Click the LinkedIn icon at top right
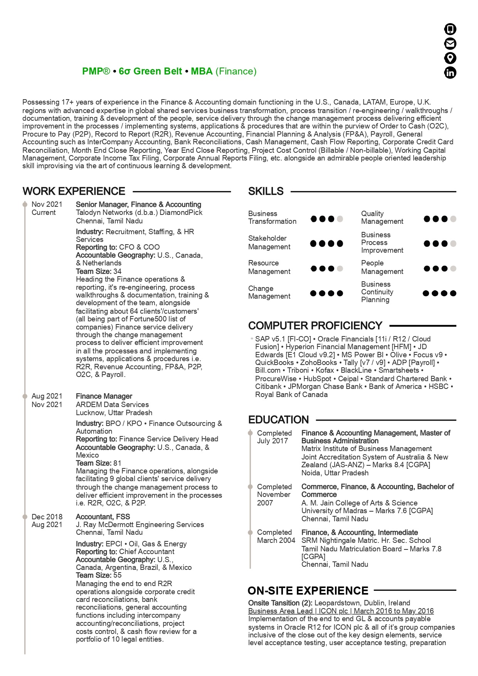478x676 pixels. pyautogui.click(x=450, y=73)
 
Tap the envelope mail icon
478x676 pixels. pyautogui.click(x=450, y=44)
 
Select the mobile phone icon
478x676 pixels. pyautogui.click(x=450, y=29)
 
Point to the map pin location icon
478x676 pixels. pyautogui.click(x=450, y=58)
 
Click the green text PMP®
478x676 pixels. pyautogui.click(x=96, y=71)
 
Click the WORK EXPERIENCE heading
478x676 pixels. pyautogui.click(x=74, y=191)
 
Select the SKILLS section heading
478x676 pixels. pyautogui.click(x=266, y=191)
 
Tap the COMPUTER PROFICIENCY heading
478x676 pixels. pyautogui.click(x=315, y=326)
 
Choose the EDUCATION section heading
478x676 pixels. pyautogui.click(x=278, y=420)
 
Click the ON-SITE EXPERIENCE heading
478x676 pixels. pyautogui.click(x=308, y=591)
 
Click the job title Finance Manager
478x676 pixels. pyautogui.click(x=104, y=396)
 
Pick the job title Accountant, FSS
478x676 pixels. pyautogui.click(x=103, y=517)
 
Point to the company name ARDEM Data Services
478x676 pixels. pyautogui.click(x=112, y=404)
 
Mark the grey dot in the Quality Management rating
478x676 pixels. pyautogui.click(x=453, y=219)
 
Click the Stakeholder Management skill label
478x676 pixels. pyautogui.click(x=269, y=243)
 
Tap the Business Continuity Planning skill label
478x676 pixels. pyautogui.click(x=377, y=292)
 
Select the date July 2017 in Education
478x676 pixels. pyautogui.click(x=272, y=441)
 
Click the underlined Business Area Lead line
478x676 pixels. pyautogui.click(x=341, y=611)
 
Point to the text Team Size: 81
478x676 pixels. pyautogui.click(x=99, y=463)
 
